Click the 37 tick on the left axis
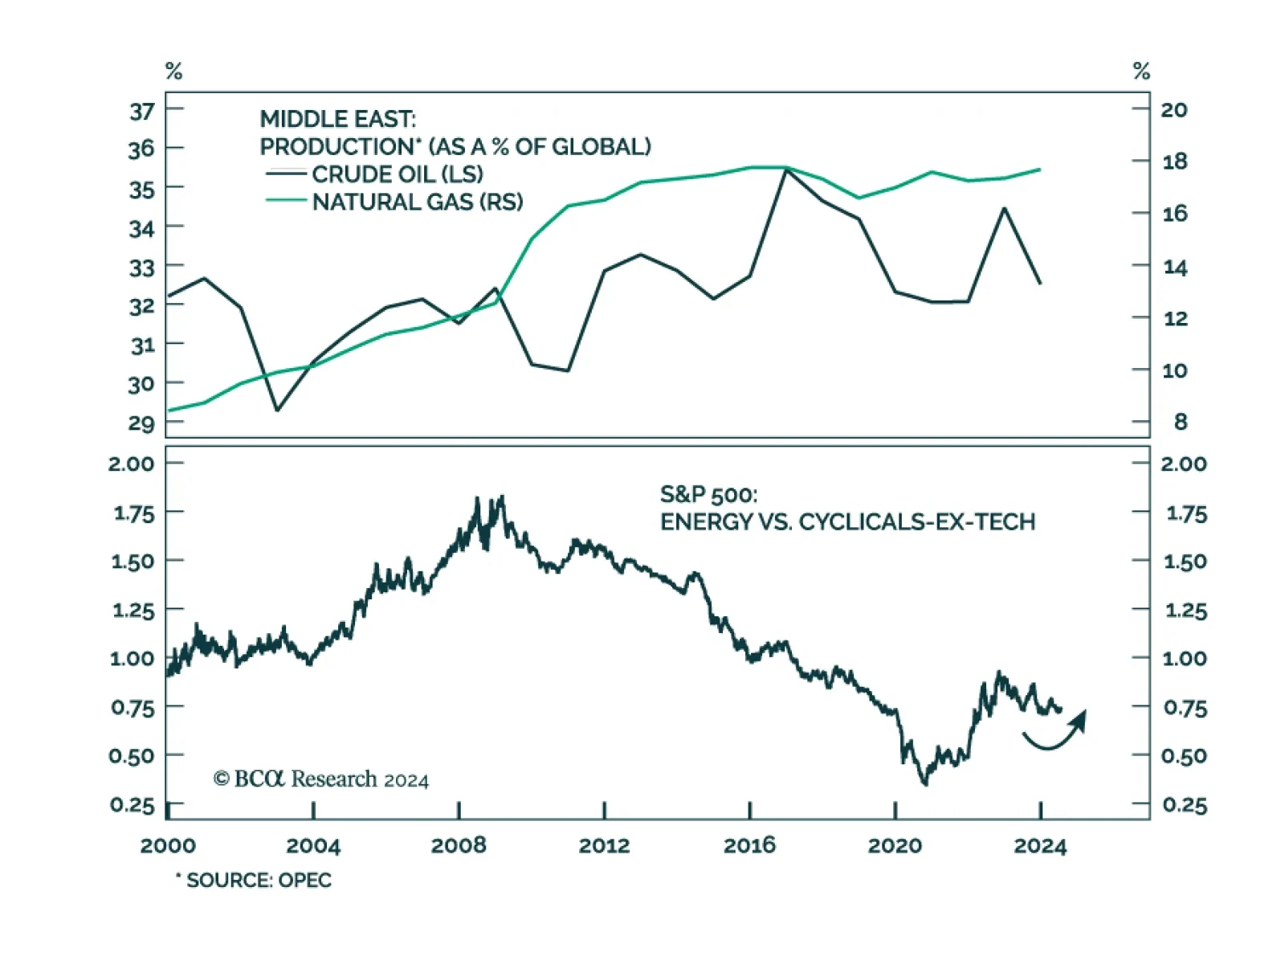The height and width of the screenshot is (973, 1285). click(x=142, y=111)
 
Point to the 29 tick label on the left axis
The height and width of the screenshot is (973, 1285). click(x=141, y=423)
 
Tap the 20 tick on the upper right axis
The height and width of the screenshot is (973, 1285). click(x=1173, y=110)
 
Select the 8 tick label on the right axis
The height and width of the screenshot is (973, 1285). click(x=1180, y=422)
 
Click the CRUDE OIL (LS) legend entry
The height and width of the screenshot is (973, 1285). click(x=397, y=174)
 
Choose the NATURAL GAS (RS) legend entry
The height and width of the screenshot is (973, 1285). click(x=417, y=202)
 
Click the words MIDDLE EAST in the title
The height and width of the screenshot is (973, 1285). click(x=337, y=119)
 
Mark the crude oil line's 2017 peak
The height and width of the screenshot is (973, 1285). click(x=785, y=170)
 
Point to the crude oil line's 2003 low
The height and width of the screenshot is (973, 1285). click(x=277, y=410)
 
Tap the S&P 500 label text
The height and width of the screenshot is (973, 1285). click(x=708, y=494)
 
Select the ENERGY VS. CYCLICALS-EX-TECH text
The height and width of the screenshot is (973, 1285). click(x=847, y=522)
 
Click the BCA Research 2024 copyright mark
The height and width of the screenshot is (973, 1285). click(x=320, y=779)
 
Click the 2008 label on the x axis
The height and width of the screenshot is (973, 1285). click(x=459, y=845)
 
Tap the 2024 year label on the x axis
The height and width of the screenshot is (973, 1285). click(x=1040, y=845)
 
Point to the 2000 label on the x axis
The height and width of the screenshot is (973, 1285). click(x=168, y=845)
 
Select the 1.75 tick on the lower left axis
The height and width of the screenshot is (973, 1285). click(x=133, y=513)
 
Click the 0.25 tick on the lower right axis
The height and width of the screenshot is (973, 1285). click(x=1184, y=805)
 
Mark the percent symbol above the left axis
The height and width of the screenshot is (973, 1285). click(x=173, y=72)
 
